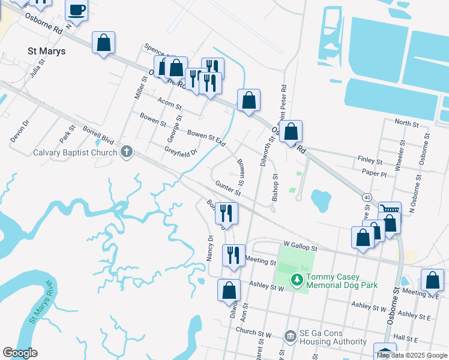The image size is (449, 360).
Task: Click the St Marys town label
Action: (x=47, y=51)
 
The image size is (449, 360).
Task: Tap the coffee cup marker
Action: (x=77, y=11)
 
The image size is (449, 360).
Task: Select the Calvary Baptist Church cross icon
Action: (x=126, y=152)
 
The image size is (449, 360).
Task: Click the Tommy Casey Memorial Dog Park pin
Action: (x=296, y=280)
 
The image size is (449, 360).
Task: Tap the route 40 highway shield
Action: (x=366, y=196)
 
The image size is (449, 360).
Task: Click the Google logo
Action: (x=20, y=353)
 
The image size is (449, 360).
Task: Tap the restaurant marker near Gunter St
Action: (x=227, y=213)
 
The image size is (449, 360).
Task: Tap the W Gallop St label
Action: (x=300, y=247)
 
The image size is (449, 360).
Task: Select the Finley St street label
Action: (x=370, y=161)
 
